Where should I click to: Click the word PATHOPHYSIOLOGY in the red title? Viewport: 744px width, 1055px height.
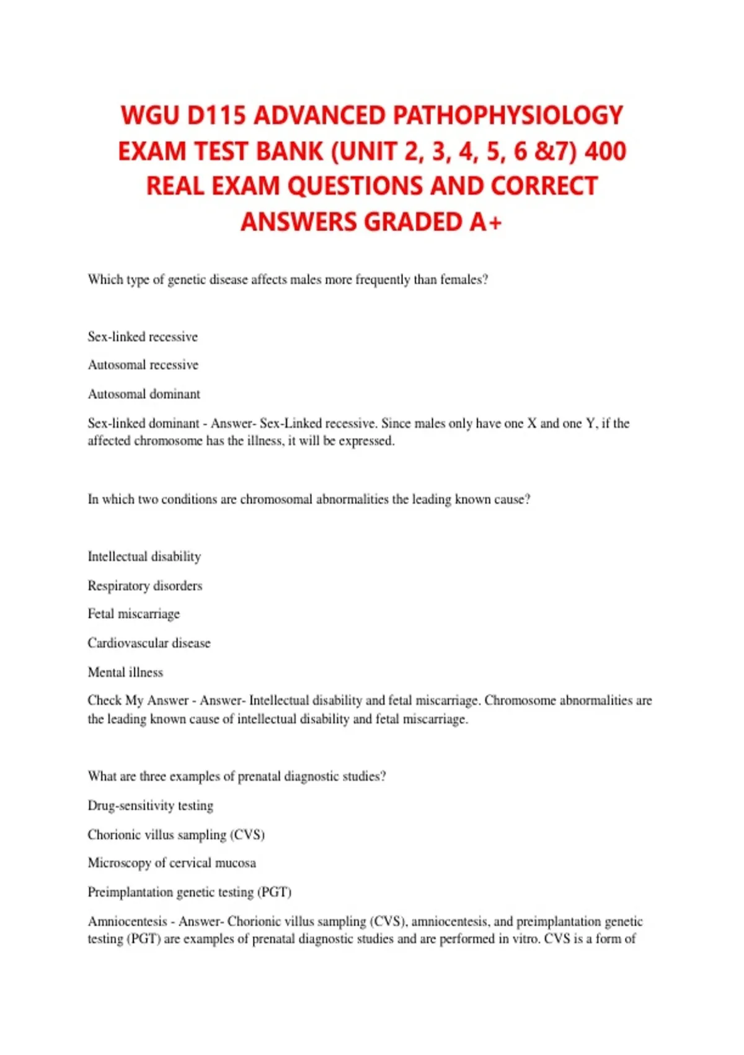508,116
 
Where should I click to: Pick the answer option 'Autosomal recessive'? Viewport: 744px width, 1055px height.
143,365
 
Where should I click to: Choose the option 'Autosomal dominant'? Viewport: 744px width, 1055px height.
144,394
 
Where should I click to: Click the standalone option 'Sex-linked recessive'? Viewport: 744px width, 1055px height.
143,337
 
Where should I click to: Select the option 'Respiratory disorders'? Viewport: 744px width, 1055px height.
145,586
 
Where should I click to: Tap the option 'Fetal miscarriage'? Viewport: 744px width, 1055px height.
134,614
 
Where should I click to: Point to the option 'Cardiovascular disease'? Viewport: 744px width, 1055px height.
149,643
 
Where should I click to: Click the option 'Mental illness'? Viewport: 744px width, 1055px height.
125,672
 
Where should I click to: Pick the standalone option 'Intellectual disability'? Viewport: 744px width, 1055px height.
144,557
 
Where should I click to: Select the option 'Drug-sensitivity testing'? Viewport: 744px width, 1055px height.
151,806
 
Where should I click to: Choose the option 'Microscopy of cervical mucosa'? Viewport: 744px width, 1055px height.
172,863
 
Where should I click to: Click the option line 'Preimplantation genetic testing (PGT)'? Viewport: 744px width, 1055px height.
190,892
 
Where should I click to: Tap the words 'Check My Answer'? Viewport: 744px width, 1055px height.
138,701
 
